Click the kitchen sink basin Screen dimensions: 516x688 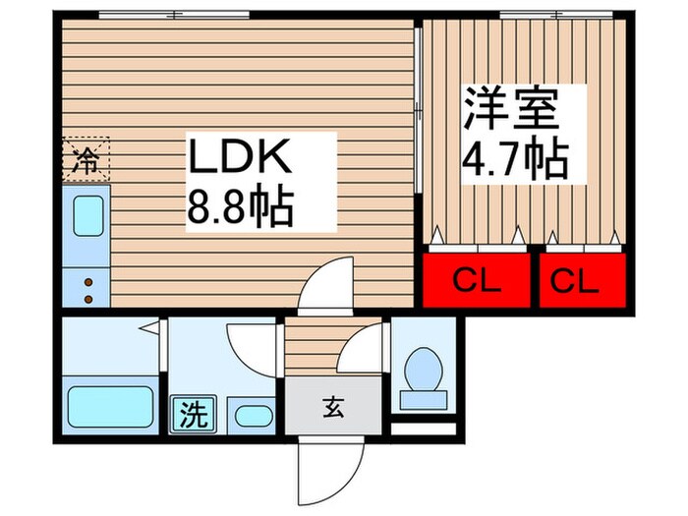click(87, 214)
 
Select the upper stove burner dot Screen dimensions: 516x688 click(87, 281)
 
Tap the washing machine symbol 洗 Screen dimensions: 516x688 click(193, 414)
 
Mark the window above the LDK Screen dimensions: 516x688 click(174, 15)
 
